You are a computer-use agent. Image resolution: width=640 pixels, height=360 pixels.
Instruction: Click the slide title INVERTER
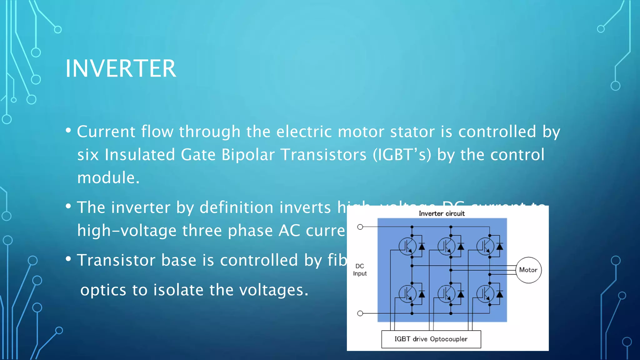coord(121,68)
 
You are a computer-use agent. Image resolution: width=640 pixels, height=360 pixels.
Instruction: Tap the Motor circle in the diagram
coord(528,270)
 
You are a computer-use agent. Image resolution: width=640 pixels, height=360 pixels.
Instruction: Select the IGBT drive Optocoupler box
coord(431,339)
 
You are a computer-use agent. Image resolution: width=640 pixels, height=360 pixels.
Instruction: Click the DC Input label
coord(360,270)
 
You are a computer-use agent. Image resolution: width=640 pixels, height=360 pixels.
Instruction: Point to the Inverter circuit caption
coord(442,213)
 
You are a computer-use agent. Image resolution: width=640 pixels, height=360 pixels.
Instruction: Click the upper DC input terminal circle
coord(360,227)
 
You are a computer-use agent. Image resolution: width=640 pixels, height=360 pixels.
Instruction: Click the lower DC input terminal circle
coord(360,313)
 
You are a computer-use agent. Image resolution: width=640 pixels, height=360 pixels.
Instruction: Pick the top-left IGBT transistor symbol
coord(407,247)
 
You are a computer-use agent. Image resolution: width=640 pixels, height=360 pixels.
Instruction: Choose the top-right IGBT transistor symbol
coord(485,247)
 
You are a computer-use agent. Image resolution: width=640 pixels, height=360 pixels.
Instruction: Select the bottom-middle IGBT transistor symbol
coord(446,294)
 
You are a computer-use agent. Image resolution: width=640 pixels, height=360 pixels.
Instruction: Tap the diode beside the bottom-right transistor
coord(499,294)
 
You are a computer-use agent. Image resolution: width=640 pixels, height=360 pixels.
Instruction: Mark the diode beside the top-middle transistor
coord(460,247)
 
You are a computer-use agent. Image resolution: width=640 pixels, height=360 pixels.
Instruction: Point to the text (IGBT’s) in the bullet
coord(402,155)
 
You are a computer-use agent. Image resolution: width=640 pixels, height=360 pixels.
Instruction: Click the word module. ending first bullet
coord(108,178)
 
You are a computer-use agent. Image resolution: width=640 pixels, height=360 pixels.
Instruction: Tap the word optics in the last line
coord(103,290)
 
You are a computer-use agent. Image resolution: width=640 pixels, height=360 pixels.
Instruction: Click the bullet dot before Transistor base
coord(68,259)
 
